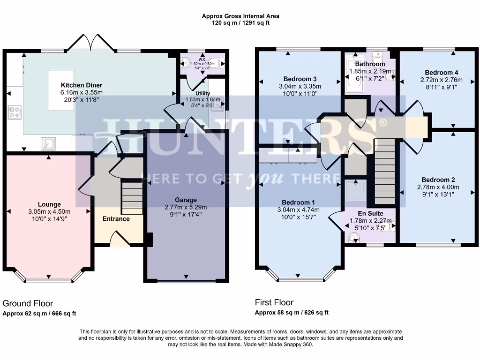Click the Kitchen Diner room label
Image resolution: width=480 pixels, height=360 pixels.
[x=82, y=85]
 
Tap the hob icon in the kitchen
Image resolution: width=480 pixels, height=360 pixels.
[x=15, y=112]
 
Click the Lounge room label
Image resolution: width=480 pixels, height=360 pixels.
[x=49, y=204]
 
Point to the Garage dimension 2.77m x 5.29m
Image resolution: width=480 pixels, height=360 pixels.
[x=186, y=207]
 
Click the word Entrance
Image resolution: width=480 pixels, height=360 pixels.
[x=116, y=219]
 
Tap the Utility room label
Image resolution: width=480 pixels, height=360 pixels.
[x=202, y=93]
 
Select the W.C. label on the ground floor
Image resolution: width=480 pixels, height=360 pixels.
[x=202, y=60]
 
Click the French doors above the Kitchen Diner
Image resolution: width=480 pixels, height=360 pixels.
[x=90, y=42]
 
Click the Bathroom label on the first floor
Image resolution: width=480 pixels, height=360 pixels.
[x=370, y=64]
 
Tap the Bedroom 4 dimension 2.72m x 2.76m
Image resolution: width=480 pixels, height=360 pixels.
[x=441, y=80]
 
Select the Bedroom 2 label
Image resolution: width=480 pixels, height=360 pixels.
[x=438, y=180]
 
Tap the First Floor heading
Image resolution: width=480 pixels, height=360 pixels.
[x=274, y=302]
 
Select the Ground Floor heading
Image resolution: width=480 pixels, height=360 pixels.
[x=28, y=303]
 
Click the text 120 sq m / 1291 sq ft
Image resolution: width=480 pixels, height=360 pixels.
[x=240, y=22]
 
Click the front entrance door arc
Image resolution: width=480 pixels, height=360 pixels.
[x=119, y=239]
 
